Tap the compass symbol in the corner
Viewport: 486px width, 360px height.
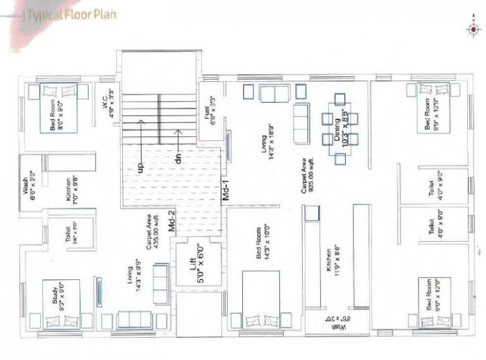coord(474,29)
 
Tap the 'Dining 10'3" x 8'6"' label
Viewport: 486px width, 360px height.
coord(340,126)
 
